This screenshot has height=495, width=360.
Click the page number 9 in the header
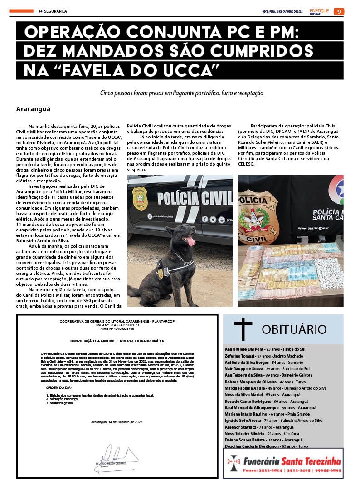[339, 11]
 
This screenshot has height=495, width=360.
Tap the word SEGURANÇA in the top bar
[55, 11]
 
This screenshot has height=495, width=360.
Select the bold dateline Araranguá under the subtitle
[33, 109]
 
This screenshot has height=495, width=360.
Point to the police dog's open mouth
[189, 240]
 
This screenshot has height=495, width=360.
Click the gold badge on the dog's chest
[160, 273]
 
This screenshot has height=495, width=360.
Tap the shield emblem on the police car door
[140, 198]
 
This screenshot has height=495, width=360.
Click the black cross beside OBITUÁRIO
[243, 329]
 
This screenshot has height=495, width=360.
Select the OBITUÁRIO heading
[294, 329]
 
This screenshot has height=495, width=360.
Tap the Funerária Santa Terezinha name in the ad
[292, 461]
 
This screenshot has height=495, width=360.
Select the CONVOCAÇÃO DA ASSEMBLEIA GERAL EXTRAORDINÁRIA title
[117, 340]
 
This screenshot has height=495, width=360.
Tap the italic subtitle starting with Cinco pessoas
[181, 93]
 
